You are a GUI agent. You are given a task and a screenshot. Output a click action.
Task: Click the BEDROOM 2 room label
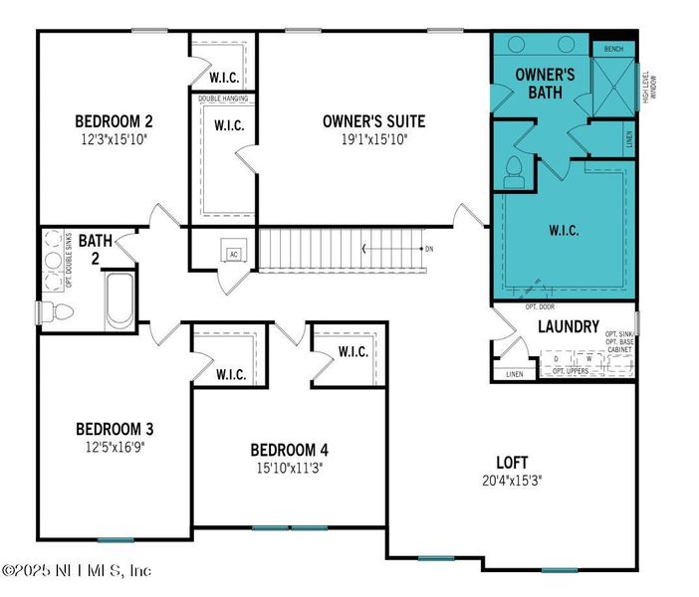tap(114, 122)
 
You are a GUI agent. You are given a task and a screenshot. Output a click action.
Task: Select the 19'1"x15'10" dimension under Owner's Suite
tap(372, 139)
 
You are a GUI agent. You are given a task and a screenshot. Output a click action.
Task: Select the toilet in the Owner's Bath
tap(515, 173)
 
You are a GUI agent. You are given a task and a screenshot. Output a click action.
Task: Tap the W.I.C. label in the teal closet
tap(564, 230)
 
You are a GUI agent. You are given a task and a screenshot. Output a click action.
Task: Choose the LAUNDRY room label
tap(568, 326)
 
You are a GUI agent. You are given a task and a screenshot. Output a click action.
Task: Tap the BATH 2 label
tap(95, 248)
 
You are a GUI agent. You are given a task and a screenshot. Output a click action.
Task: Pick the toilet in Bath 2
tap(56, 311)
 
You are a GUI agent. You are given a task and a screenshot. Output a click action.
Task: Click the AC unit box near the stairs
tap(233, 253)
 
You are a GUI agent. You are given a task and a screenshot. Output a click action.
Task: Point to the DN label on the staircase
tap(429, 248)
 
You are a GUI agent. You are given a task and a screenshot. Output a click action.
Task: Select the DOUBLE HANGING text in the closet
tap(223, 99)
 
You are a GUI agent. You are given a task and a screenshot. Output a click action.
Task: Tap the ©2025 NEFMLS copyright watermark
tap(77, 570)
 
